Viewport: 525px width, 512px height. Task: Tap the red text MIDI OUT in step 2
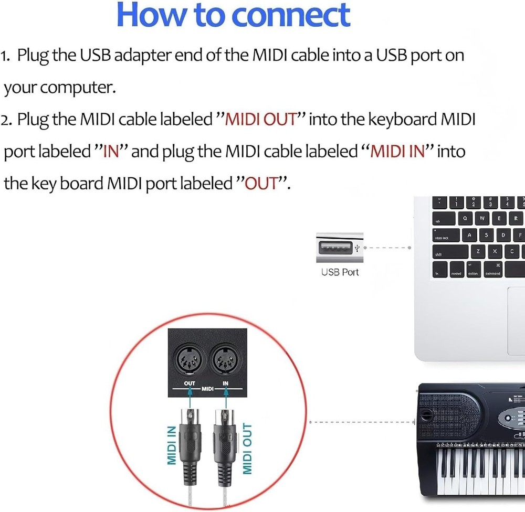click(x=261, y=120)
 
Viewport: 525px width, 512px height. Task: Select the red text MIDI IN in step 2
click(x=397, y=152)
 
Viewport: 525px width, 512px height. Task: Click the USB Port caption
click(x=340, y=272)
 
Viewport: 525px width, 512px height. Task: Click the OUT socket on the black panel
click(x=190, y=360)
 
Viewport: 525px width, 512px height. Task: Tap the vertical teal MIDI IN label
click(x=171, y=445)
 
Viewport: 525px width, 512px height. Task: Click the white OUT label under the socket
click(x=190, y=383)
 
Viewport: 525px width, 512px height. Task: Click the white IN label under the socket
click(x=225, y=383)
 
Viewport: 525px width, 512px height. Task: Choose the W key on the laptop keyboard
click(x=482, y=218)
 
